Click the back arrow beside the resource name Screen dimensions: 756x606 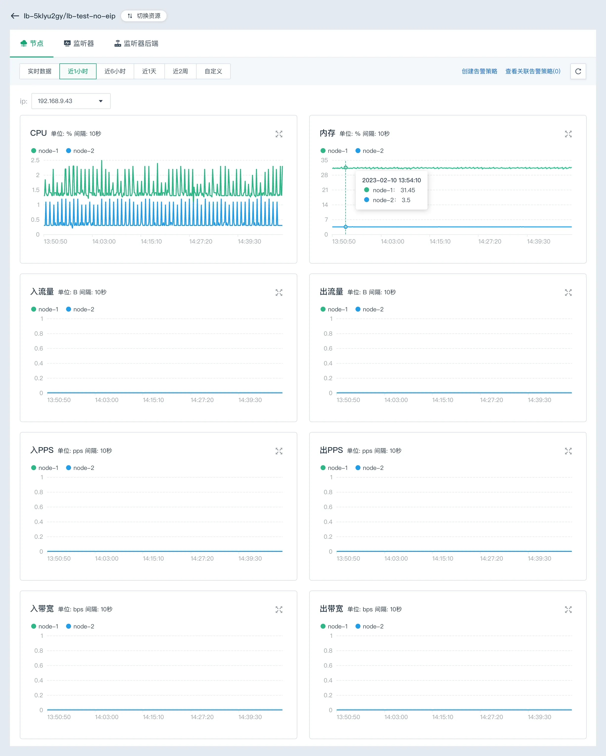tap(15, 16)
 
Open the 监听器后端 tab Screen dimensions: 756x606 tap(136, 44)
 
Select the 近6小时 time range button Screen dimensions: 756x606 tap(115, 71)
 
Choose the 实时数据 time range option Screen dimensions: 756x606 tap(40, 71)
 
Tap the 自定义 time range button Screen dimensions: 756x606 tap(213, 71)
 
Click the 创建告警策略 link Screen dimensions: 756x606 tap(479, 71)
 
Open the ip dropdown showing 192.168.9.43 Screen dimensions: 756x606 tap(71, 101)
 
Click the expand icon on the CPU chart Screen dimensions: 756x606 tap(279, 134)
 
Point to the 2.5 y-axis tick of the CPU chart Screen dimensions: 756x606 tap(35, 160)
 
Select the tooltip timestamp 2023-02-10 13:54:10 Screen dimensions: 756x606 tap(391, 180)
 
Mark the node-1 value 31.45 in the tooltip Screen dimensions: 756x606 tap(408, 190)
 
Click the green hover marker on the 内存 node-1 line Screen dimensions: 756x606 tap(346, 168)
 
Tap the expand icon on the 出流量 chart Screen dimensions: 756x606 tap(568, 293)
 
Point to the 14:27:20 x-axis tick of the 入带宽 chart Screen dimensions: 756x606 tap(202, 717)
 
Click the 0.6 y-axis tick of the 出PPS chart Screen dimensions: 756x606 tap(328, 507)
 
